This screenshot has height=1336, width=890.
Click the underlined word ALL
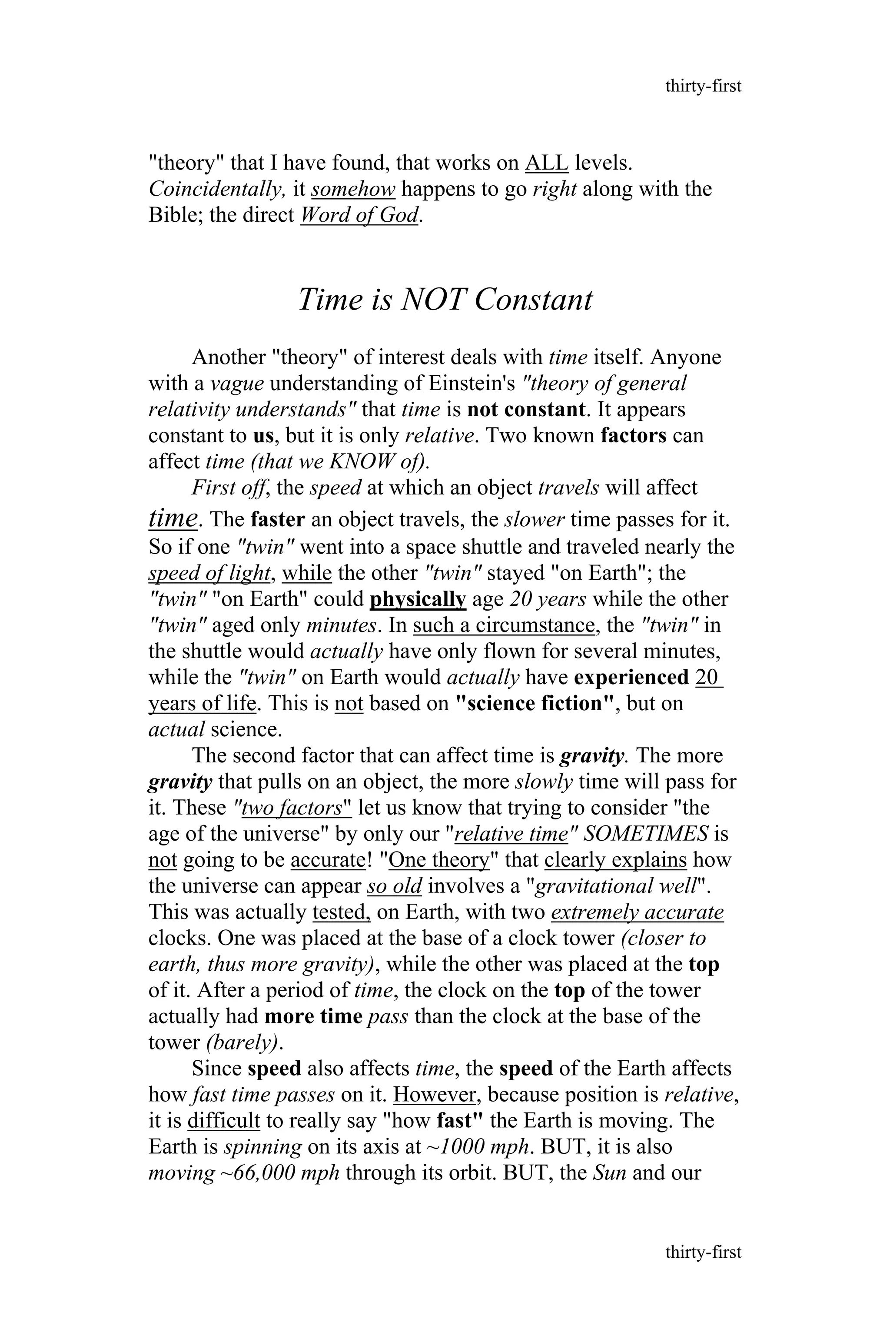click(547, 163)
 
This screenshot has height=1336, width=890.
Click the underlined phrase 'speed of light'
click(209, 573)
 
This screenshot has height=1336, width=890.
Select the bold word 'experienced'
click(631, 678)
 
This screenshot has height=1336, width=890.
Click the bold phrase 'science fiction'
click(536, 704)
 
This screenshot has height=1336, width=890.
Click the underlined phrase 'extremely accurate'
click(638, 913)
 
